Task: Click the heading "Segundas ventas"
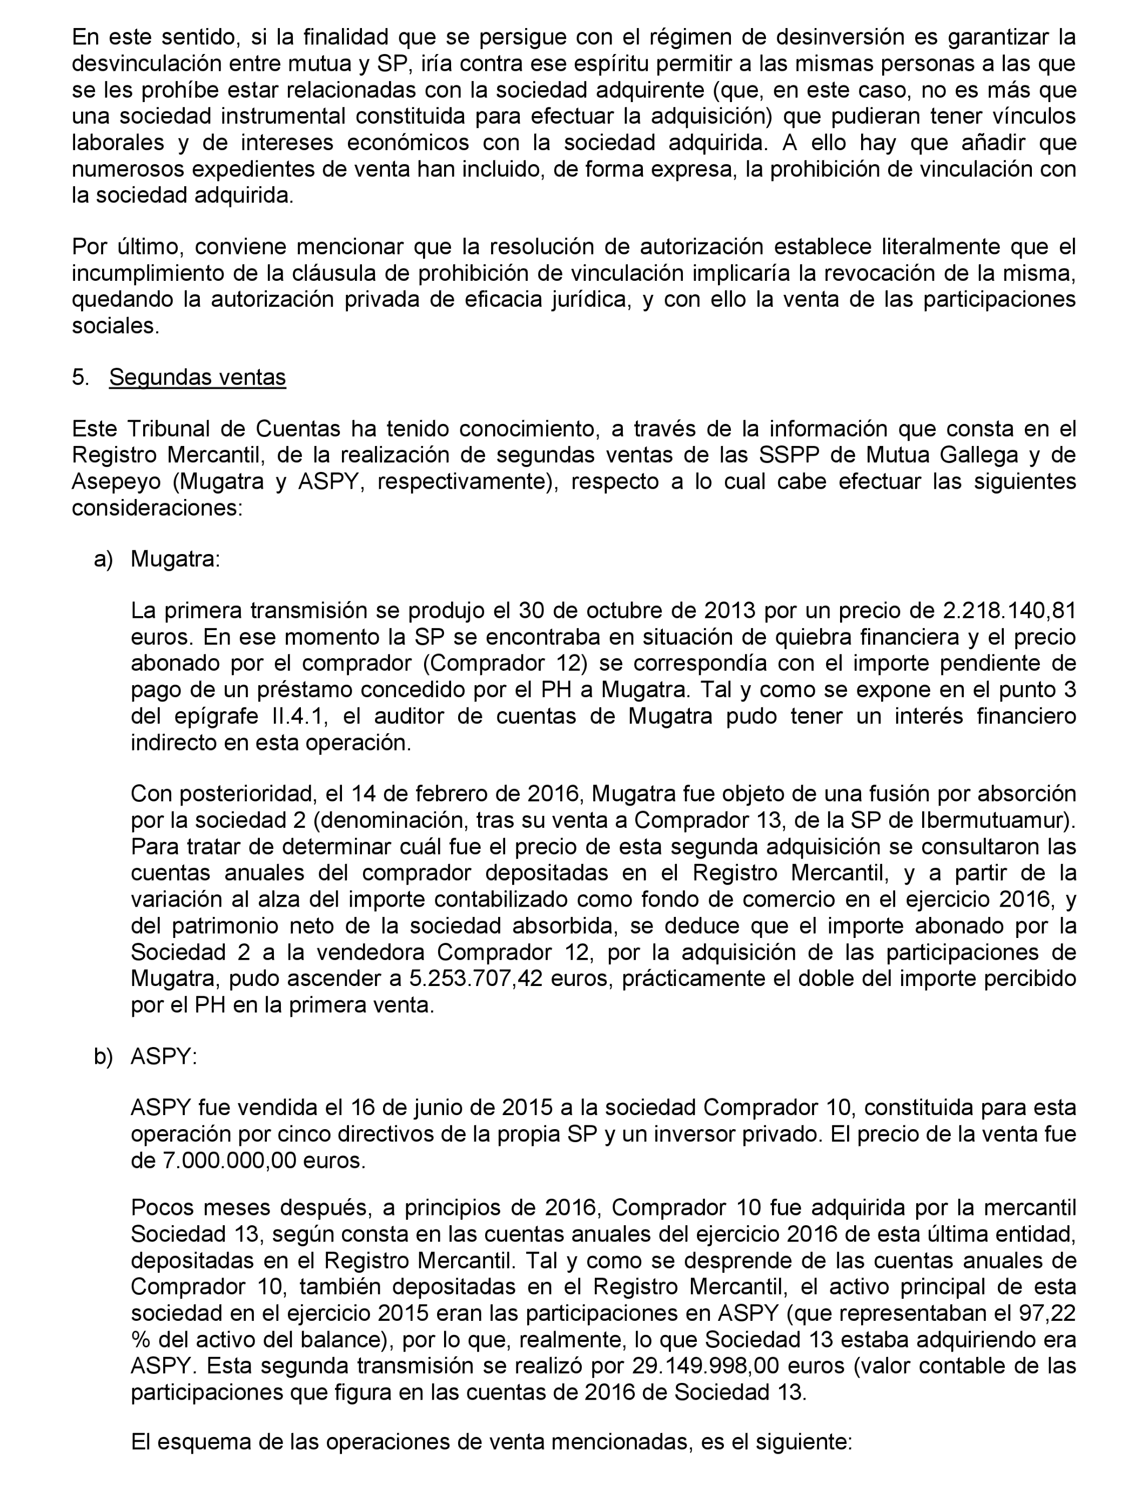point(198,377)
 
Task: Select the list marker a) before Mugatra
point(103,559)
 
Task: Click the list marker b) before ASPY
point(103,1056)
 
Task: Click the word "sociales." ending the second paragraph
point(116,326)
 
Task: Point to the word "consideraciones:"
point(157,508)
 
